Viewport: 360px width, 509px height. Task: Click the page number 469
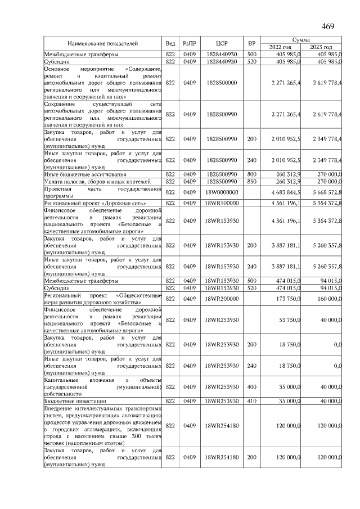click(328, 26)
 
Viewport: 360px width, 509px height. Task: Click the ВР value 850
click(252, 182)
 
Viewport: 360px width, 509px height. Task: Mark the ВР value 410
click(252, 400)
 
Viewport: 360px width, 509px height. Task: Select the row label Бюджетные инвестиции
click(75, 400)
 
